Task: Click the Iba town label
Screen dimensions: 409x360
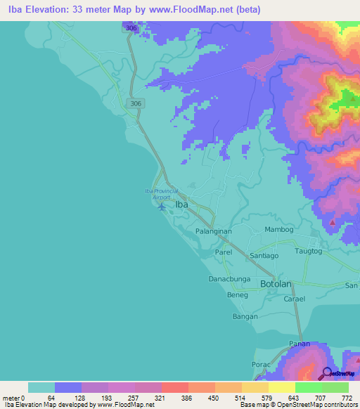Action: [x=181, y=204]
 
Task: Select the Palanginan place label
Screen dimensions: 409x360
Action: [x=215, y=231]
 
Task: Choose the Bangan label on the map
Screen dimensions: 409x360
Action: [x=245, y=317]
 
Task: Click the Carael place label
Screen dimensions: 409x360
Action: [x=293, y=299]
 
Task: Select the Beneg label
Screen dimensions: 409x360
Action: [x=238, y=295]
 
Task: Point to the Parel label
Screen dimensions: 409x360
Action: [x=224, y=251]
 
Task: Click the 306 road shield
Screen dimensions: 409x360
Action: [x=135, y=103]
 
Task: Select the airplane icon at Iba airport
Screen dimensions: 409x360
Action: [x=162, y=207]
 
